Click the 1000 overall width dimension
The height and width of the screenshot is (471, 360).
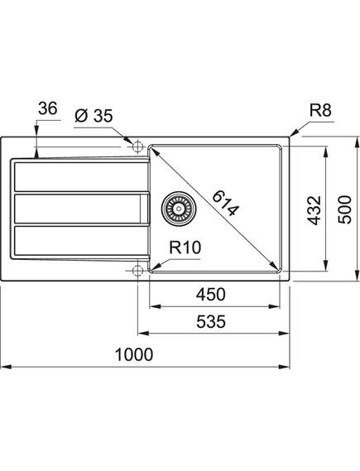coord(134,354)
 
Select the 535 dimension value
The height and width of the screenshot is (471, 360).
coord(211,322)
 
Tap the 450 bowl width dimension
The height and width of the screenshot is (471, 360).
coord(211,295)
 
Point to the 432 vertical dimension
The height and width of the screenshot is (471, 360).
coord(314,210)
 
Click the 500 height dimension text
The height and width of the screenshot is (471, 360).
coord(344,209)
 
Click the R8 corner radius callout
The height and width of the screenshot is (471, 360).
coord(320,110)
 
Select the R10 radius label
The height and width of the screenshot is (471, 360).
coord(185,248)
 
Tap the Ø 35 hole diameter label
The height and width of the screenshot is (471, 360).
coord(94,116)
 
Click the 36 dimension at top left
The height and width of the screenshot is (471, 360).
coord(47,108)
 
